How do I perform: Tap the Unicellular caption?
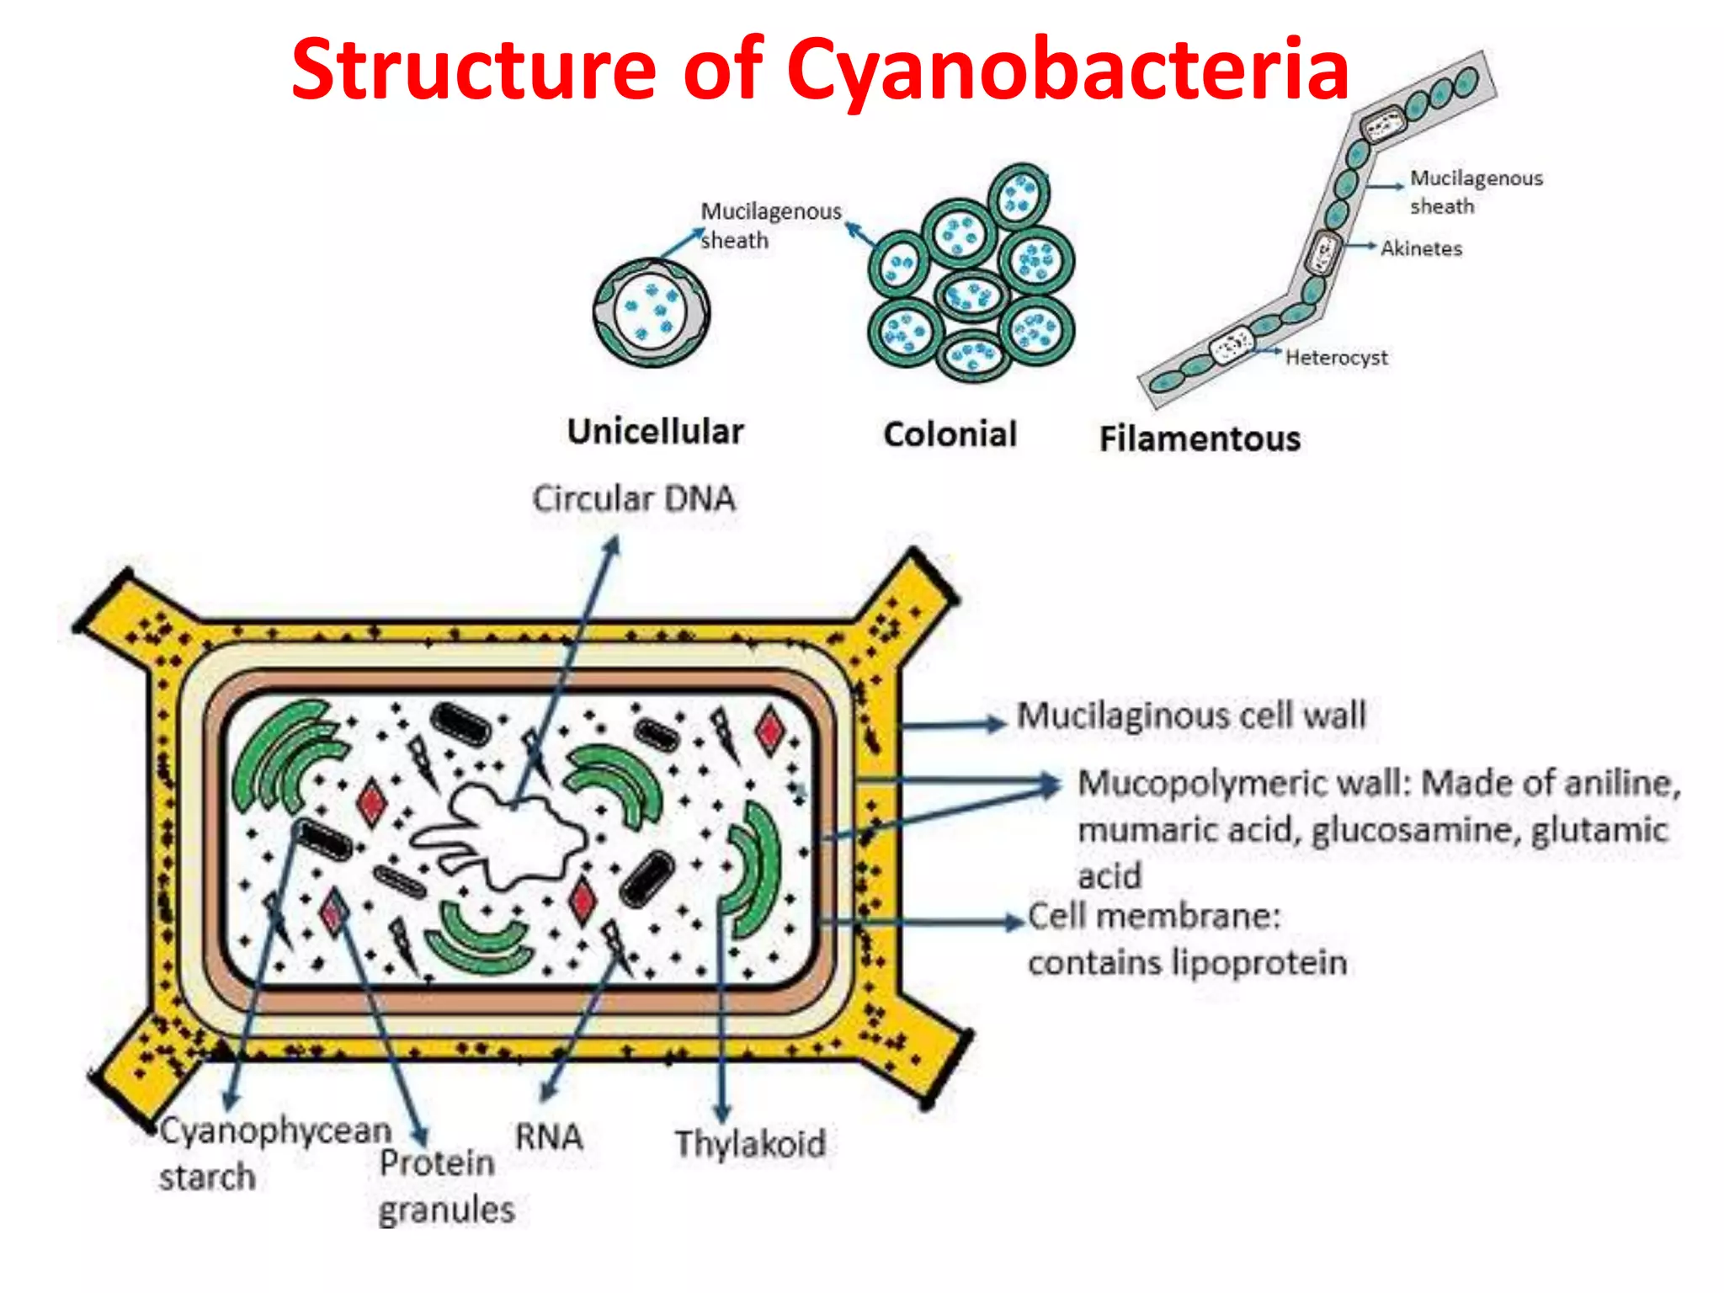[x=655, y=432]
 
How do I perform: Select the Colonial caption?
[x=950, y=434]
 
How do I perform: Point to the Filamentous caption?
[x=1200, y=439]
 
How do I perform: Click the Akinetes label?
[x=1421, y=248]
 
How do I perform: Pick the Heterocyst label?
[x=1336, y=358]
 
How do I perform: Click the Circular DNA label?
[x=634, y=498]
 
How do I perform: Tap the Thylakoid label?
[x=750, y=1144]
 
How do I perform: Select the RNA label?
[x=549, y=1136]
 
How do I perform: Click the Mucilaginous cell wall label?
[x=1190, y=716]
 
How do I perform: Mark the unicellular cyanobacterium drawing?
[x=651, y=312]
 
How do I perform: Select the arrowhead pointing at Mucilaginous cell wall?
[x=997, y=723]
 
